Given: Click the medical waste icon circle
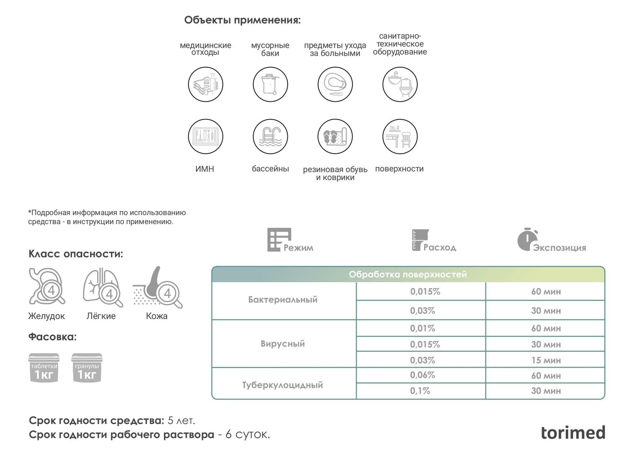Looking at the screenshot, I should point(205,84).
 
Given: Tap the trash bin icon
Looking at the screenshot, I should point(270,84).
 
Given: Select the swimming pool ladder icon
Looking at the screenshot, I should point(270,137).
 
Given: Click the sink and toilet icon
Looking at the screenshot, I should point(400,84).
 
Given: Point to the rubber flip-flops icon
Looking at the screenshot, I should point(335,137).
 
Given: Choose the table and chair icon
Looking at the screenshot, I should point(400,137).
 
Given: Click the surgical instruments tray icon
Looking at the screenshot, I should point(205,137).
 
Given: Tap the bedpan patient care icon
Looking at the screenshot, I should point(335,84).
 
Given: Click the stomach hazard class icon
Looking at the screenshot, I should point(47,287).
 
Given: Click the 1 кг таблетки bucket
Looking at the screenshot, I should point(44,368).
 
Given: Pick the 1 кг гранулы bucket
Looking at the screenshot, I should point(87,368).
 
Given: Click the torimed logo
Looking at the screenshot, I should point(573,432).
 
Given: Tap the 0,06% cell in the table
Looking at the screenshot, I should point(422,375).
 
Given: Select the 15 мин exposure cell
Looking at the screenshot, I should point(546,360).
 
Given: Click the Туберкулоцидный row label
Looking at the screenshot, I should point(283,385).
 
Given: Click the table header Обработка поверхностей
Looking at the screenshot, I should point(408,275).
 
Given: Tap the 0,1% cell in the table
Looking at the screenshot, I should point(420,391).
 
